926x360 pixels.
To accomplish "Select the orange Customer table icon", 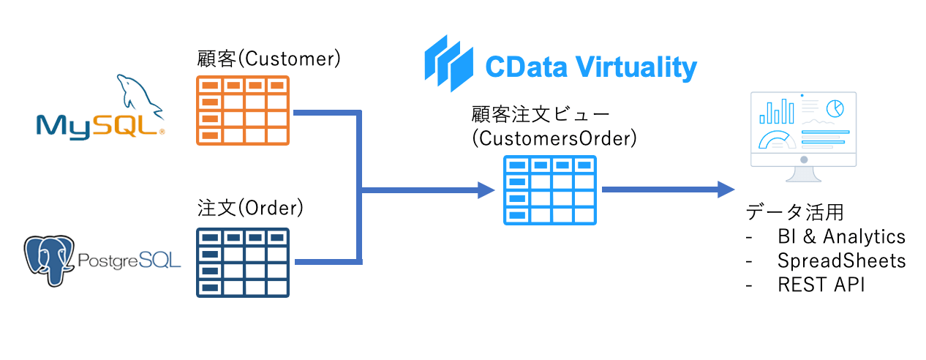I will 243,109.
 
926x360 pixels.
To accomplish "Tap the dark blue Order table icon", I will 243,262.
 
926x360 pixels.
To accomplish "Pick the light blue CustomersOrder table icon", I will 550,190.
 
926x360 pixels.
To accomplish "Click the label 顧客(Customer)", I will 269,59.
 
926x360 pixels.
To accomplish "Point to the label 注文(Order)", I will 250,208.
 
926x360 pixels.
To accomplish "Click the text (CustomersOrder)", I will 554,138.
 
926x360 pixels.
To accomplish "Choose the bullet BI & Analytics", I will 841,236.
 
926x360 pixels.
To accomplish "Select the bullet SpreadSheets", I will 841,260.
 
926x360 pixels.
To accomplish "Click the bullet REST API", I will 821,285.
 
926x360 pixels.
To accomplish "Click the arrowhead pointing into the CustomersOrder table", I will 486,190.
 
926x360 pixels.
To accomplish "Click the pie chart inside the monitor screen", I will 835,108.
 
